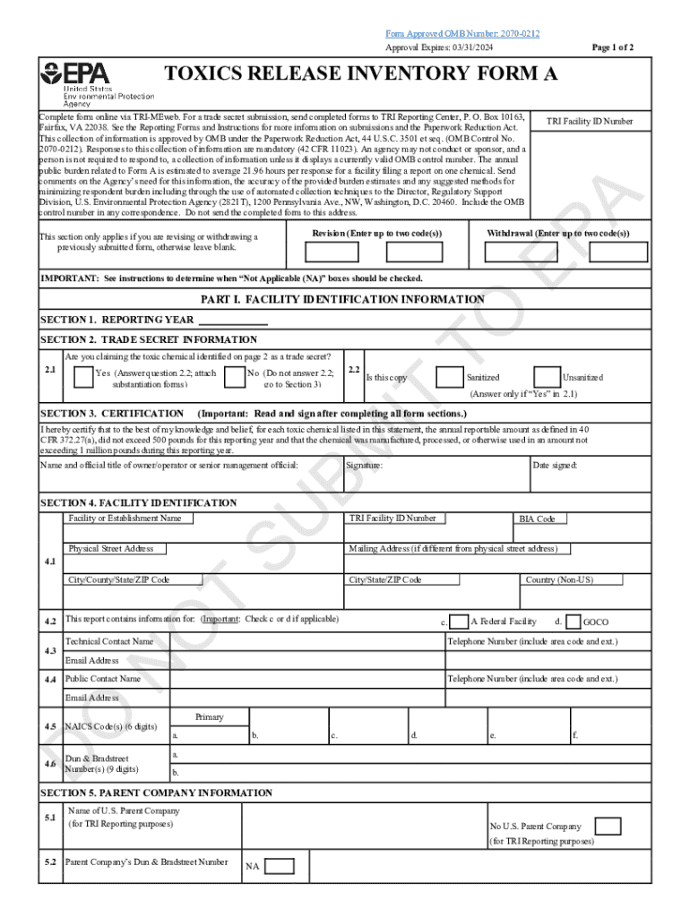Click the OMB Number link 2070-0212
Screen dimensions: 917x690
(462, 33)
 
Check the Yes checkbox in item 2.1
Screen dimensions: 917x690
(82, 377)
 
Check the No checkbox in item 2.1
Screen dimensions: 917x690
(235, 377)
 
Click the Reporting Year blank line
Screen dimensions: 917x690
(232, 321)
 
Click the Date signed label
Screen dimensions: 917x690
(555, 466)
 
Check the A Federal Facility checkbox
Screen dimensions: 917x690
(458, 621)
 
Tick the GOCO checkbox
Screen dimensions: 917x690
(574, 621)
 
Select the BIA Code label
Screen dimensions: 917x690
(538, 519)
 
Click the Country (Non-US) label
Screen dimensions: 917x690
(559, 579)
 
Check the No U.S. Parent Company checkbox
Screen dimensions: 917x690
(608, 826)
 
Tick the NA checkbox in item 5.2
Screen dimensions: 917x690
(280, 866)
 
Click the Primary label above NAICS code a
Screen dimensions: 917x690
(210, 717)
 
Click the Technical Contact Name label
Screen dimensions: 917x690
(109, 642)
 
